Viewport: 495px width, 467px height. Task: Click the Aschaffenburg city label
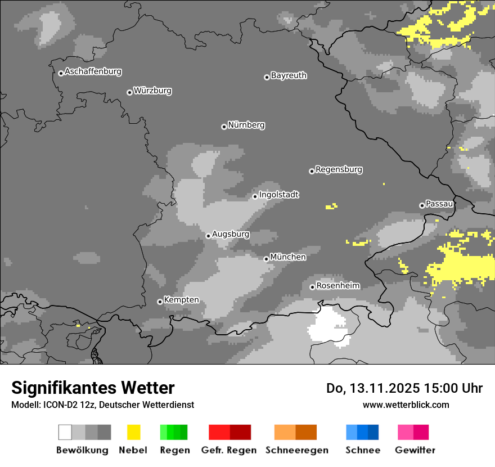tap(93, 72)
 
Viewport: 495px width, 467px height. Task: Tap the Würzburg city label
tap(152, 91)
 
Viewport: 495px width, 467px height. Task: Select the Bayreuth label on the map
tap(289, 75)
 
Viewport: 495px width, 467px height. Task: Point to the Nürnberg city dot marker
tap(224, 127)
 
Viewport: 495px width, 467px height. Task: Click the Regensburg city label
tap(339, 169)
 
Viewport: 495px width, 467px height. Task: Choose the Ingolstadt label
tap(278, 195)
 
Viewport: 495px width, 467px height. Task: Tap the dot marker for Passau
tap(422, 205)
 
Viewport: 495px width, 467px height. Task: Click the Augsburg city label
tap(231, 234)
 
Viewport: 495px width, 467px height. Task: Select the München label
tap(288, 257)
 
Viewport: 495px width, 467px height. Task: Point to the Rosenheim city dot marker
tap(312, 287)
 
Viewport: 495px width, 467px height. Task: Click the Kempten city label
tap(181, 300)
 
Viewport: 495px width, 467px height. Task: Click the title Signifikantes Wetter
tap(93, 388)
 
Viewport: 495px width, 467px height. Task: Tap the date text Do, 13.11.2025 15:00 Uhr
tap(404, 388)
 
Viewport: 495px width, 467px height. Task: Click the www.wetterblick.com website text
tap(406, 405)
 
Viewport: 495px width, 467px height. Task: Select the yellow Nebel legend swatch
tap(133, 432)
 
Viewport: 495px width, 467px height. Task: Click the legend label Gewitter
tap(415, 450)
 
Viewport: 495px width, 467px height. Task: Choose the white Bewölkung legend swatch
tap(65, 432)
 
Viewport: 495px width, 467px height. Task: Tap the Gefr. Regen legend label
tap(228, 450)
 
